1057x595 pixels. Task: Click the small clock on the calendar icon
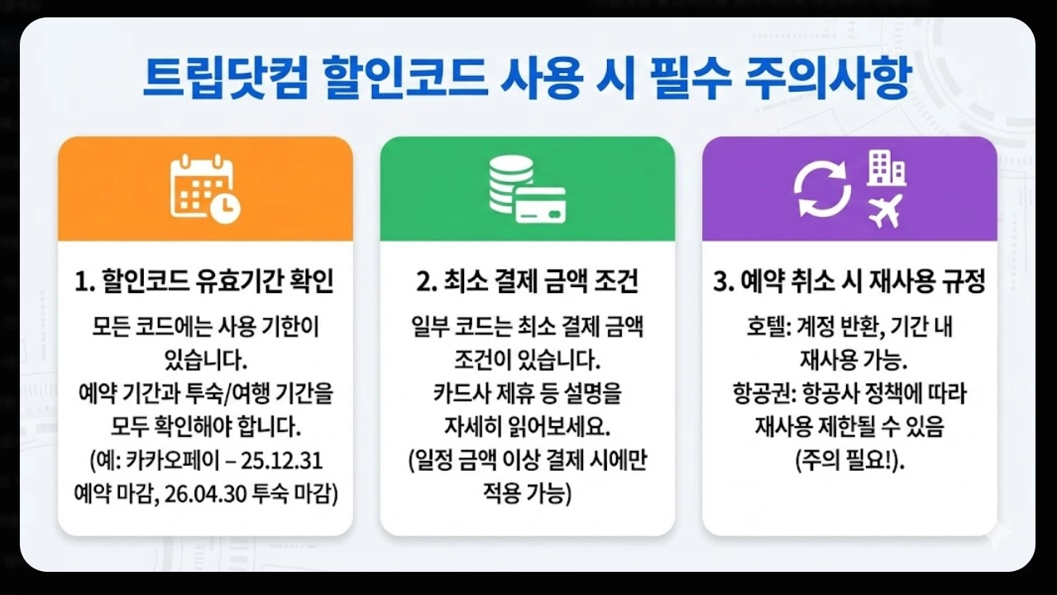[x=225, y=207]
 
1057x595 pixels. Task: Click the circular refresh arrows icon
[x=822, y=190]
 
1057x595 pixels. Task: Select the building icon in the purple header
[x=886, y=169]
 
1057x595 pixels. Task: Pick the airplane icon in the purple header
[x=884, y=211]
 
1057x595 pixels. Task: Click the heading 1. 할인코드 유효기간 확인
[x=204, y=283]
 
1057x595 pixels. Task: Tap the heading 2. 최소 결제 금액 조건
[x=527, y=283]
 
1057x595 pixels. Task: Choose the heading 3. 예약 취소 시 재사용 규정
[x=849, y=283]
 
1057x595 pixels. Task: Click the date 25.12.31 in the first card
[x=295, y=458]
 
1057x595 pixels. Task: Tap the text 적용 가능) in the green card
[x=527, y=493]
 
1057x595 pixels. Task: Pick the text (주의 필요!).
[x=849, y=459]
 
